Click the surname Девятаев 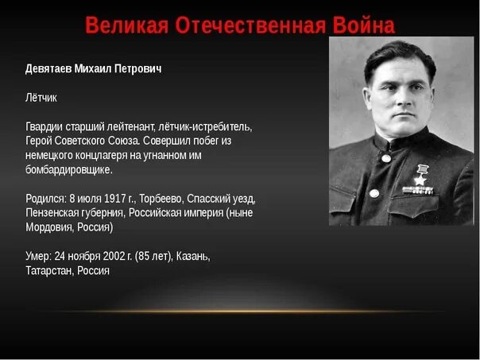tap(48, 69)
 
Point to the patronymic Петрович tap(137, 69)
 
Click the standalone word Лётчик tap(41, 98)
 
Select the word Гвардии tap(45, 126)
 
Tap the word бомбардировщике tap(69, 169)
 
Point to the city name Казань tap(193, 256)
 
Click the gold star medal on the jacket tap(420, 176)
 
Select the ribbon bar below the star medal tap(418, 191)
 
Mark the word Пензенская tap(55, 213)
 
